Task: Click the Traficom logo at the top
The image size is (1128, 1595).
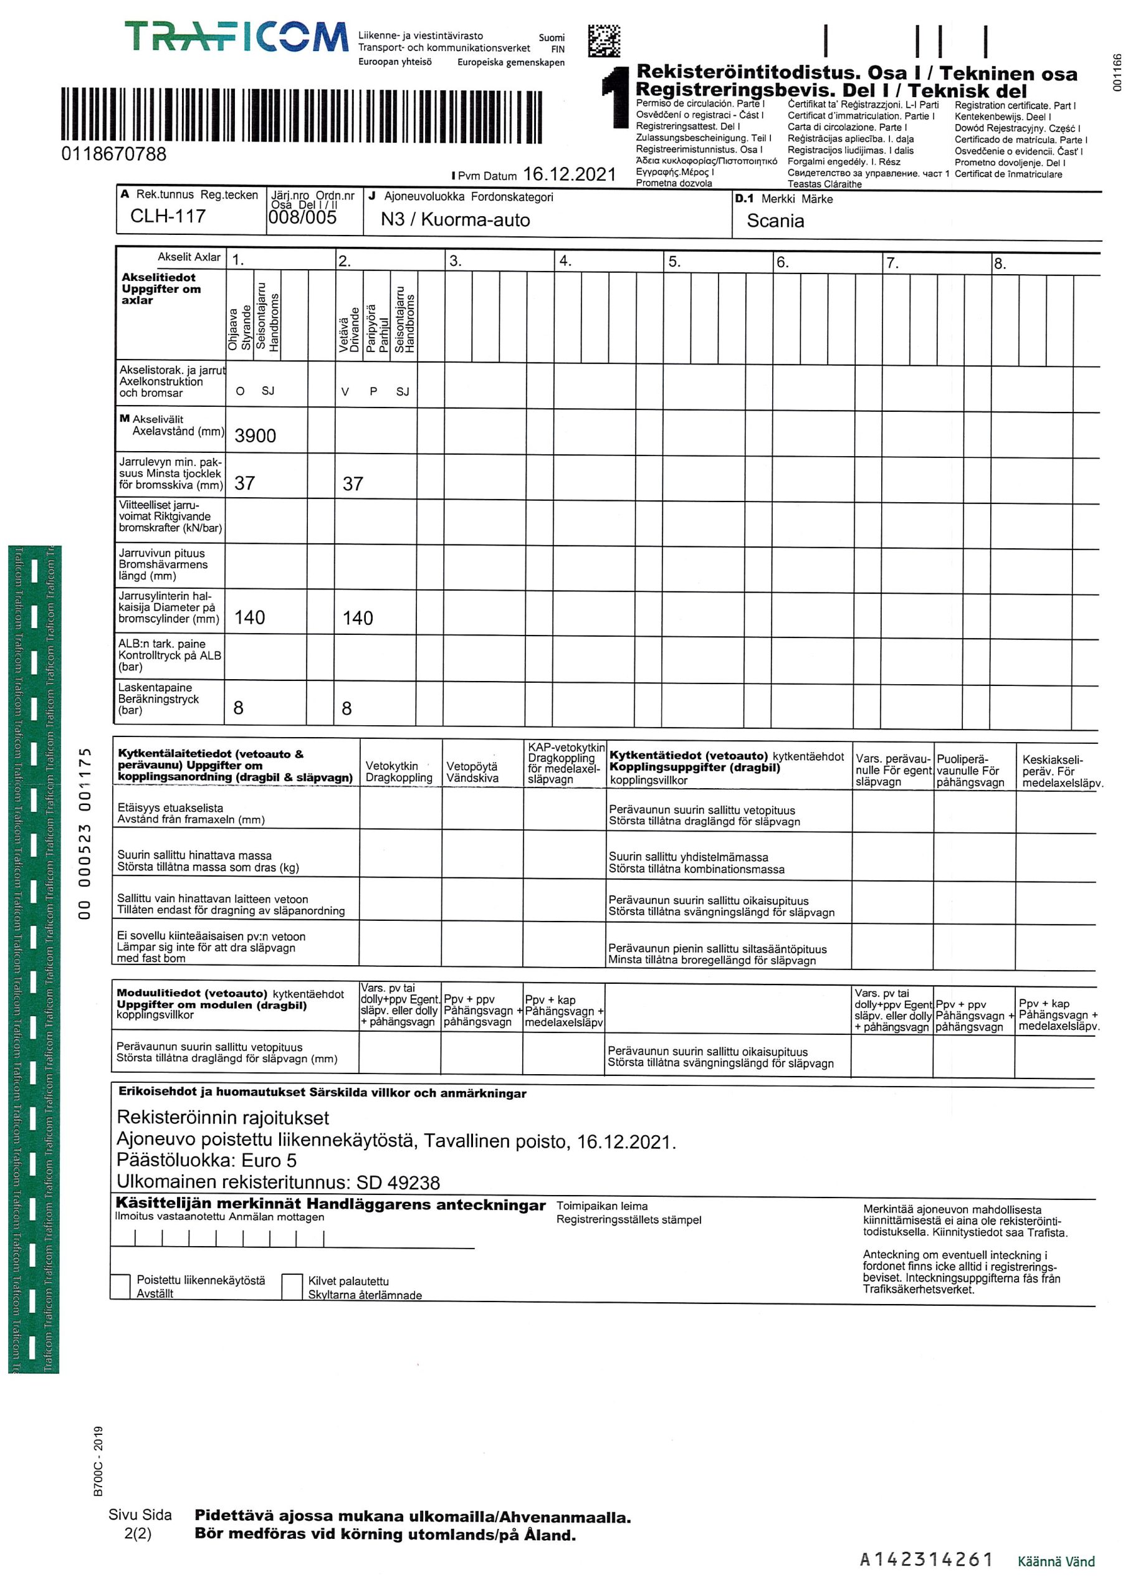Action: pyautogui.click(x=236, y=37)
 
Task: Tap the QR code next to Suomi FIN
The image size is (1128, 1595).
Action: pyautogui.click(x=603, y=41)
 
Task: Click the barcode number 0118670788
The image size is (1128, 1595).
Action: pyautogui.click(x=114, y=155)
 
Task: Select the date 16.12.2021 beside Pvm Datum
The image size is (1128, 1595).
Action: pyautogui.click(x=569, y=174)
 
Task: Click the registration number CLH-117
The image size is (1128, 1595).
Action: pyautogui.click(x=168, y=217)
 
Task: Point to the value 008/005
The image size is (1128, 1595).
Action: pyautogui.click(x=302, y=218)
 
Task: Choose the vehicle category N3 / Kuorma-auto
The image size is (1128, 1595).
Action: pyautogui.click(x=454, y=220)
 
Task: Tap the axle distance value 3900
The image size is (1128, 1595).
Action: pyautogui.click(x=255, y=436)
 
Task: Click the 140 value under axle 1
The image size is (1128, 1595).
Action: pyautogui.click(x=249, y=617)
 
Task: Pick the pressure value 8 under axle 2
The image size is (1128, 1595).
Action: pyautogui.click(x=346, y=708)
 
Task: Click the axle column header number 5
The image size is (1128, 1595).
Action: pyautogui.click(x=674, y=262)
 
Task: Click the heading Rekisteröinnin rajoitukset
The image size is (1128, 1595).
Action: pyautogui.click(x=222, y=1118)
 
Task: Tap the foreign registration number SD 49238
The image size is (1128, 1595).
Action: pyautogui.click(x=398, y=1183)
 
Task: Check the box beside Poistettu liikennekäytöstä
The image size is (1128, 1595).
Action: pyautogui.click(x=121, y=1286)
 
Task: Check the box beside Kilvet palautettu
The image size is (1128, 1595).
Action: pyautogui.click(x=292, y=1287)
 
